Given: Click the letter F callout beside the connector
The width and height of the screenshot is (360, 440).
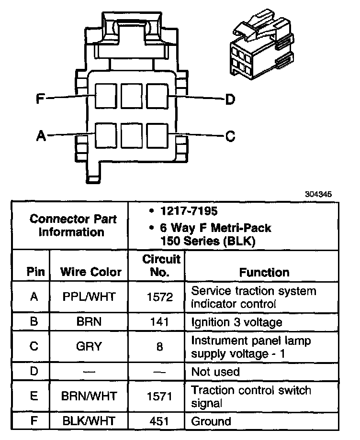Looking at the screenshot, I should (40, 99).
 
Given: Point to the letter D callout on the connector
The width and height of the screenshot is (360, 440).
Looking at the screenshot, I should (230, 99).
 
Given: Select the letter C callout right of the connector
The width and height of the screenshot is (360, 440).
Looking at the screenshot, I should (230, 137).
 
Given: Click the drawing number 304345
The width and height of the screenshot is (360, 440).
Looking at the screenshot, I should (318, 195).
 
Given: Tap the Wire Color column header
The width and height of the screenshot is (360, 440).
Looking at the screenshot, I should (91, 272).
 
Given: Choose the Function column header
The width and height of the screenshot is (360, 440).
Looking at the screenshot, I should (264, 272).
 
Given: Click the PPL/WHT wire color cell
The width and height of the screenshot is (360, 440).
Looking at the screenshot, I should (90, 297).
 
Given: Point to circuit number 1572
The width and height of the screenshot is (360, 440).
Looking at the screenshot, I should (160, 297).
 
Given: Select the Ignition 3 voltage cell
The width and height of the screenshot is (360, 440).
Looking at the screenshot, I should (236, 322).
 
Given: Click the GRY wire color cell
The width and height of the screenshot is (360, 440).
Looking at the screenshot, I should (90, 347).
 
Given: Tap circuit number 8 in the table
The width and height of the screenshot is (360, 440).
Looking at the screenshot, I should (160, 347).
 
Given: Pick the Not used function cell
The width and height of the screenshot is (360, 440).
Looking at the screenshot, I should (215, 372).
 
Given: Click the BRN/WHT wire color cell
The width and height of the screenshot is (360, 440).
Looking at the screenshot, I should (90, 396).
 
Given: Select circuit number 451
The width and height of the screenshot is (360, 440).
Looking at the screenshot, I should (160, 421).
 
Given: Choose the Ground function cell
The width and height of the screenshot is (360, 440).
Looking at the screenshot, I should (211, 421).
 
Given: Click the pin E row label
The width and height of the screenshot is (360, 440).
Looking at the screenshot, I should (34, 396).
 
